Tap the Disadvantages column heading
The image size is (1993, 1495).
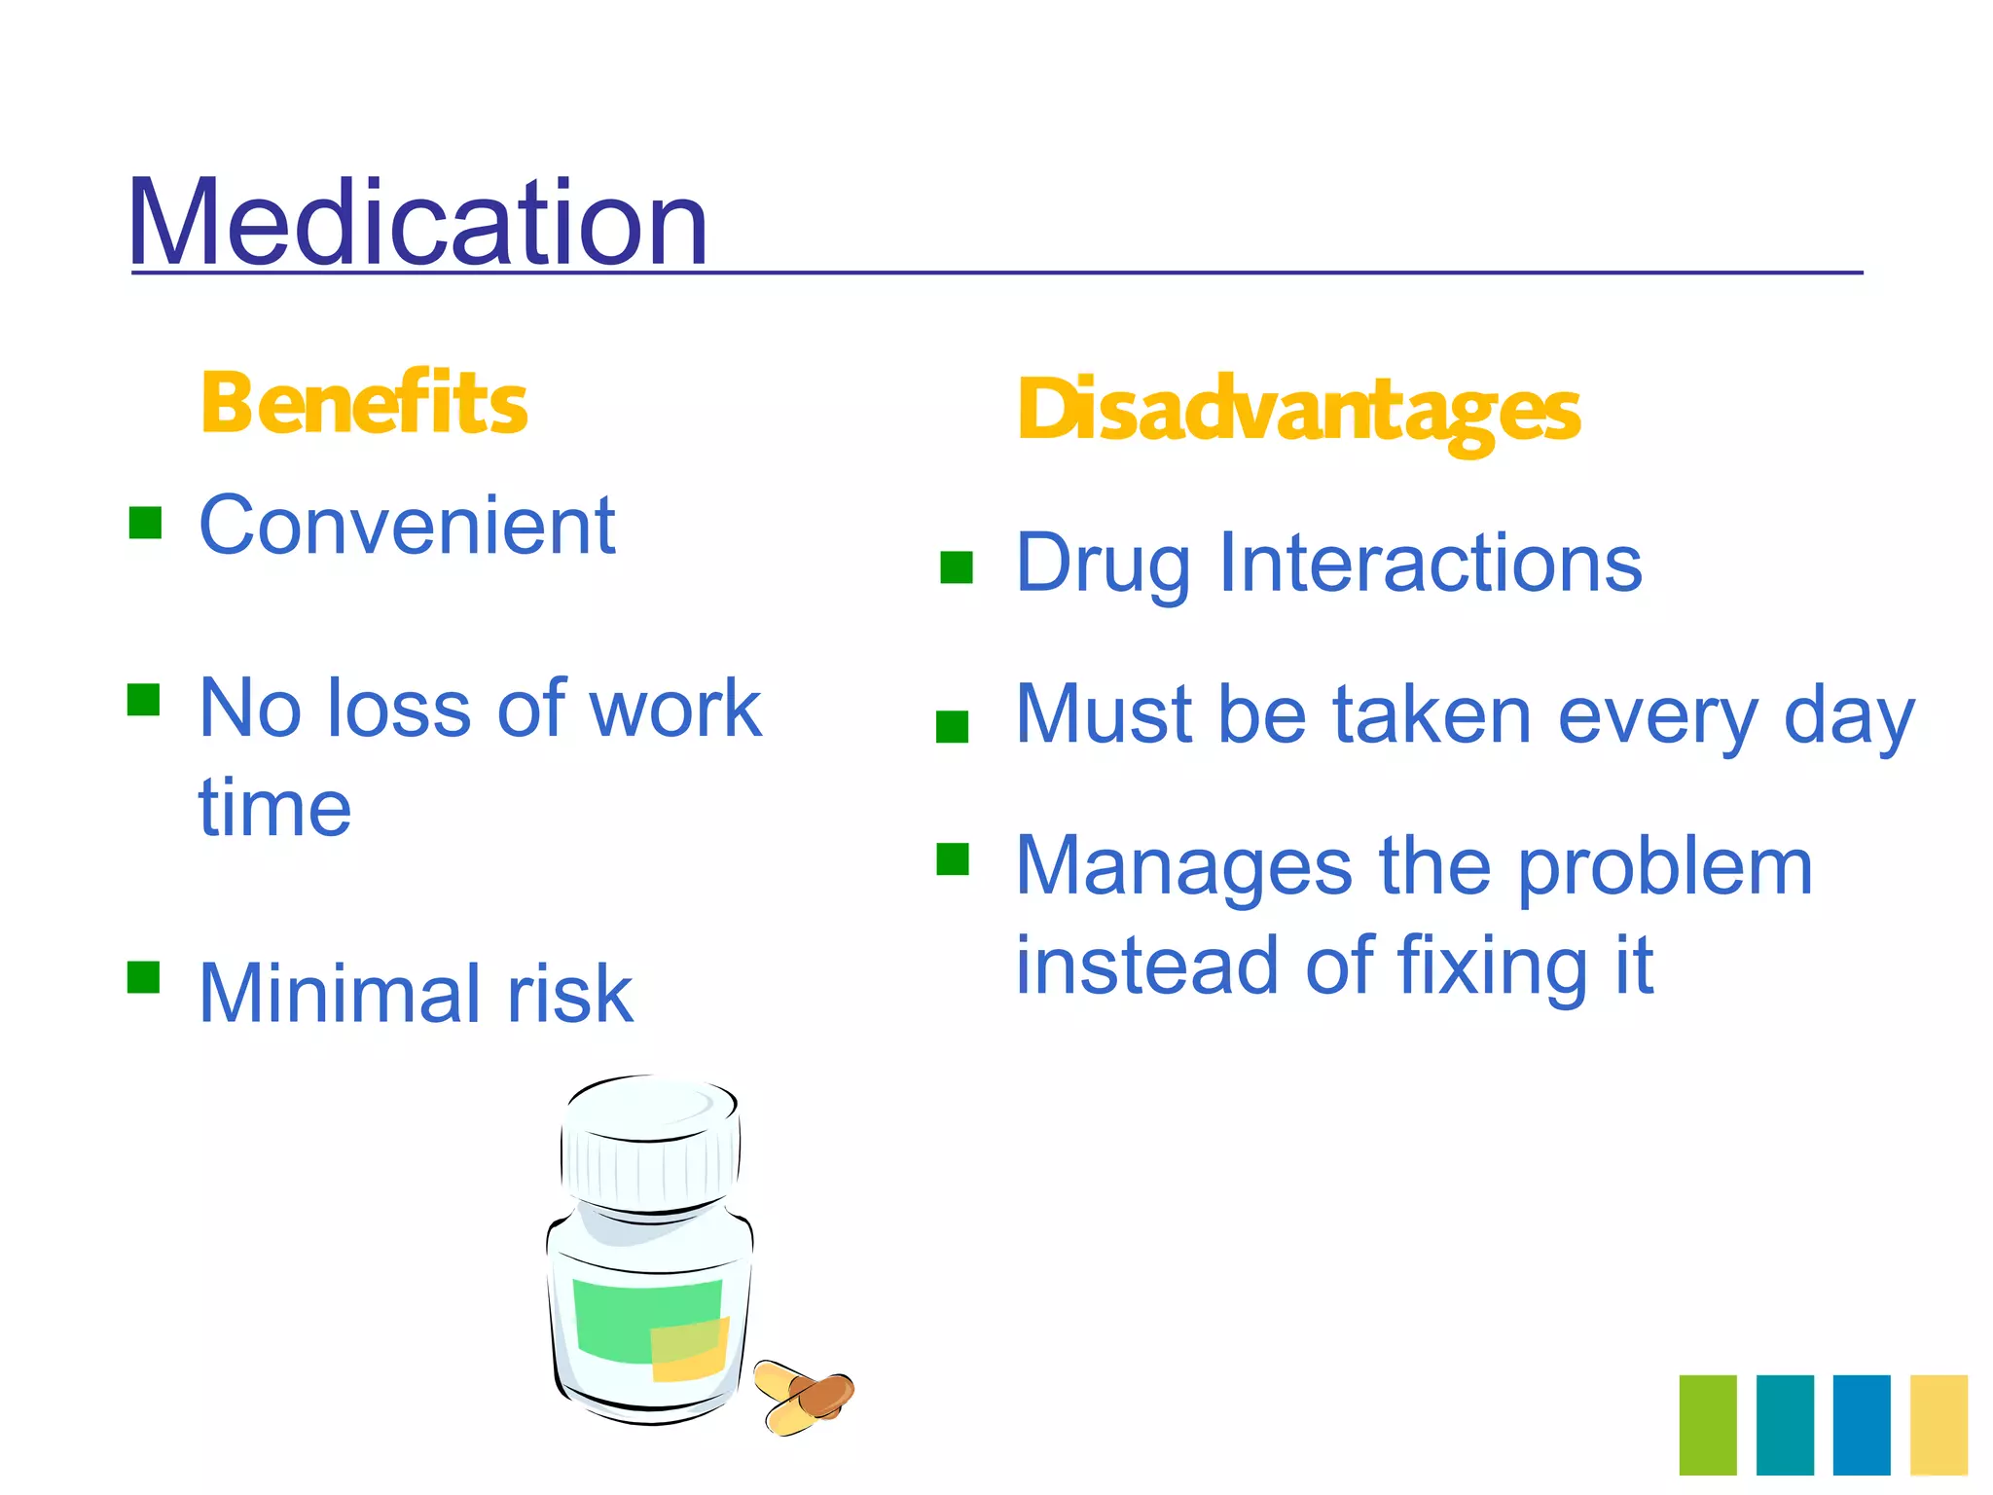1298,411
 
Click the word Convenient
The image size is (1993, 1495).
407,526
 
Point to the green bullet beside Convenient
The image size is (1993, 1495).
145,523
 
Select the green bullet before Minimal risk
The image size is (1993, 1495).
143,976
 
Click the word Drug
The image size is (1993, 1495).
1102,565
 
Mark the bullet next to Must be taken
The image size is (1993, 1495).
952,726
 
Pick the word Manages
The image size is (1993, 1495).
1183,866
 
